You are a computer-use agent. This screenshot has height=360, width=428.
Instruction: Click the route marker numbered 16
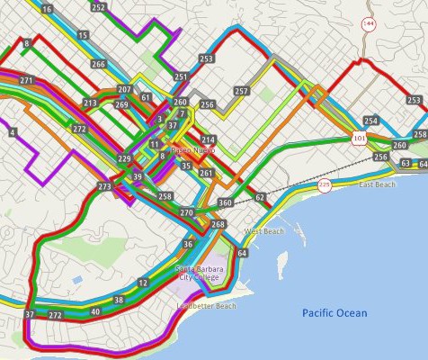48,8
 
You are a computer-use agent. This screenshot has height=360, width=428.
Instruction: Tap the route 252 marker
98,7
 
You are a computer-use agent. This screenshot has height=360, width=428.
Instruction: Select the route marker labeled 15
83,35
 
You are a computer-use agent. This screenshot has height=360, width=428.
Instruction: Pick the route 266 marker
98,65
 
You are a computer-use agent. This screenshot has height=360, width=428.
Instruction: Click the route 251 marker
182,77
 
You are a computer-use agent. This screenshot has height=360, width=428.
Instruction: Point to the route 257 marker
241,91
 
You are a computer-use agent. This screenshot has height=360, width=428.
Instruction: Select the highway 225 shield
325,185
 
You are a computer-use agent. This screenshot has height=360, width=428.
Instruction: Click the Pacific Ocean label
334,313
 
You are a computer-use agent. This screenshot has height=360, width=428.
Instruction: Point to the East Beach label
377,184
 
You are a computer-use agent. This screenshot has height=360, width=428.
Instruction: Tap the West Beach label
263,231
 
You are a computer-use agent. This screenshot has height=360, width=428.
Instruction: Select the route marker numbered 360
225,203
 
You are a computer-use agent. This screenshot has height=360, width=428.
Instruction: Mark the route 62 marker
259,196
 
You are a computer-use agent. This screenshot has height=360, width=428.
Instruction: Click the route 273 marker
105,186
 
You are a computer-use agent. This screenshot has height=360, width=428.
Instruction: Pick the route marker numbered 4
13,132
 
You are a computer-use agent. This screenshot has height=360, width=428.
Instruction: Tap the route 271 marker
26,81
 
